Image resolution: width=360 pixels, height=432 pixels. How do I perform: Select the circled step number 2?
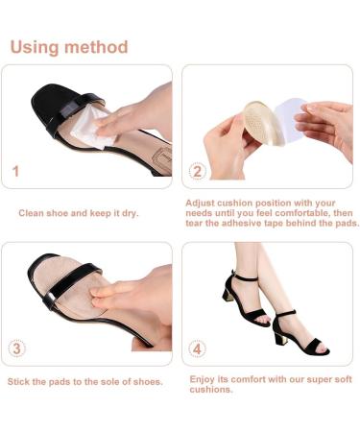tap(197, 171)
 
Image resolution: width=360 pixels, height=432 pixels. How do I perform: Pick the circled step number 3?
tap(16, 348)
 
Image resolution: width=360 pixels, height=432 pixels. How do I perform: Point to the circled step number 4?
tap(197, 348)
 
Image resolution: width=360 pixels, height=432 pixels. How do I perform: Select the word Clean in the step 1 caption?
tap(32, 211)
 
